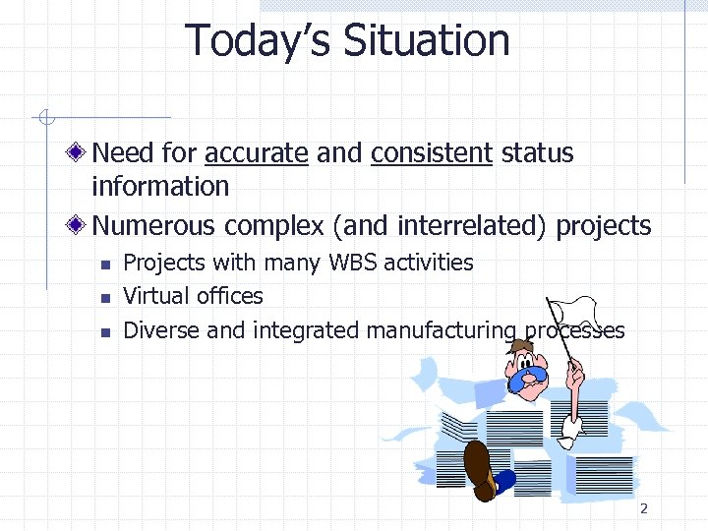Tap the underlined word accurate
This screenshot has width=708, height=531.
point(256,153)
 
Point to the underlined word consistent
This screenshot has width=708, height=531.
point(431,153)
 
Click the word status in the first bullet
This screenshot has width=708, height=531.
point(537,153)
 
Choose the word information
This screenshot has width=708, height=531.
point(159,186)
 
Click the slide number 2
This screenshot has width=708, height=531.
point(644,508)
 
